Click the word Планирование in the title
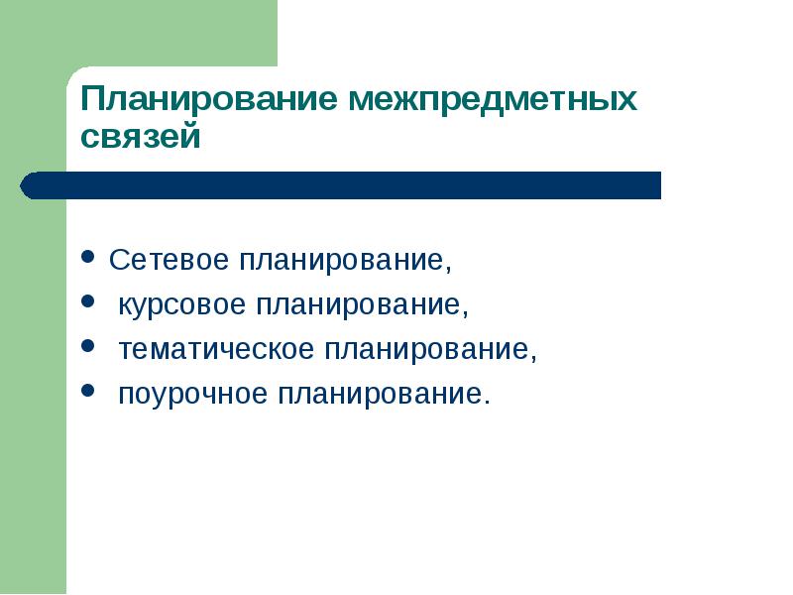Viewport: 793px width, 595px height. pyautogui.click(x=208, y=99)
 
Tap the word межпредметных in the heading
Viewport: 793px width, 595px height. pyautogui.click(x=492, y=99)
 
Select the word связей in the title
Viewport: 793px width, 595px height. pyautogui.click(x=141, y=137)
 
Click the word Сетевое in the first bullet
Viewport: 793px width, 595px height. pyautogui.click(x=169, y=259)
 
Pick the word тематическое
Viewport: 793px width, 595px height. pyautogui.click(x=216, y=349)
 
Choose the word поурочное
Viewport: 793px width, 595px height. pyautogui.click(x=192, y=394)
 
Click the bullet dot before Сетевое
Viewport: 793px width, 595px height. pyautogui.click(x=88, y=257)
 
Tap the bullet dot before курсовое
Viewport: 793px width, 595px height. pyautogui.click(x=88, y=301)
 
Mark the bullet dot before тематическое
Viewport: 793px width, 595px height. pyautogui.click(x=88, y=346)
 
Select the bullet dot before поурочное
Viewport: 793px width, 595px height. pyautogui.click(x=88, y=390)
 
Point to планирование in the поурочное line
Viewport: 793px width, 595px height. pyautogui.click(x=381, y=394)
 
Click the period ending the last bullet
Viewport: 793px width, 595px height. pyautogui.click(x=487, y=402)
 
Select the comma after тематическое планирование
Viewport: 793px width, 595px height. pyautogui.click(x=533, y=358)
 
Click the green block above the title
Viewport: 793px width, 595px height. pyautogui.click(x=139, y=33)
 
